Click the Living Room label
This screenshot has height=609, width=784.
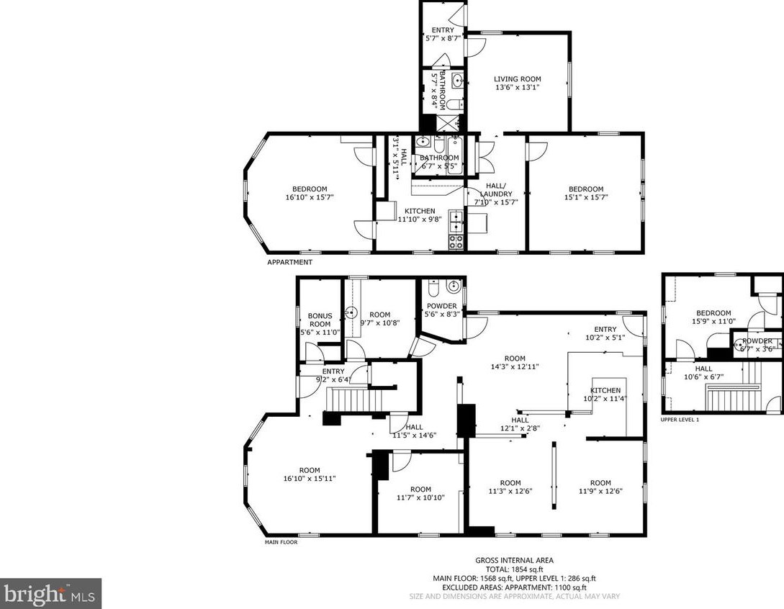[517, 79]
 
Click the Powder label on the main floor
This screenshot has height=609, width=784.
[441, 306]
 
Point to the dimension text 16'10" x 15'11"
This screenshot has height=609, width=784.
[309, 478]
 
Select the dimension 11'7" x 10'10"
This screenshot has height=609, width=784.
[420, 497]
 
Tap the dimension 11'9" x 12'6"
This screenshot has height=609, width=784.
[600, 492]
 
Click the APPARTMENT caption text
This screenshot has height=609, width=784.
[289, 262]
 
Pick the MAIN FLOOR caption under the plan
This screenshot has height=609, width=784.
[281, 542]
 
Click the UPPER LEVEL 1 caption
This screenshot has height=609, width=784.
[680, 419]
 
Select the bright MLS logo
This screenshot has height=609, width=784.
[50, 594]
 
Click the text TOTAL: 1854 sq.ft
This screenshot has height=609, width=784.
[514, 569]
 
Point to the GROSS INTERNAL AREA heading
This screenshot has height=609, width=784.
[514, 560]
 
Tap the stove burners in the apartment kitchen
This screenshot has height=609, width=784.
[456, 240]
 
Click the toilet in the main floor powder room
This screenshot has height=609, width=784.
[433, 289]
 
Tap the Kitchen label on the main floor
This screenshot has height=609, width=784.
[600, 390]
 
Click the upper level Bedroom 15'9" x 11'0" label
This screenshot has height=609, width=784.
[713, 313]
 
